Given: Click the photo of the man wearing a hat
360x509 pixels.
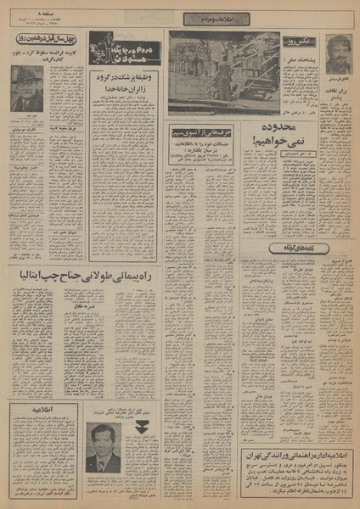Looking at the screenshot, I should [27, 87].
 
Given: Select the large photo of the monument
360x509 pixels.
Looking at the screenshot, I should [223, 72].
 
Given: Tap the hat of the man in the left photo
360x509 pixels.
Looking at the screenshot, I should [27, 75].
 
